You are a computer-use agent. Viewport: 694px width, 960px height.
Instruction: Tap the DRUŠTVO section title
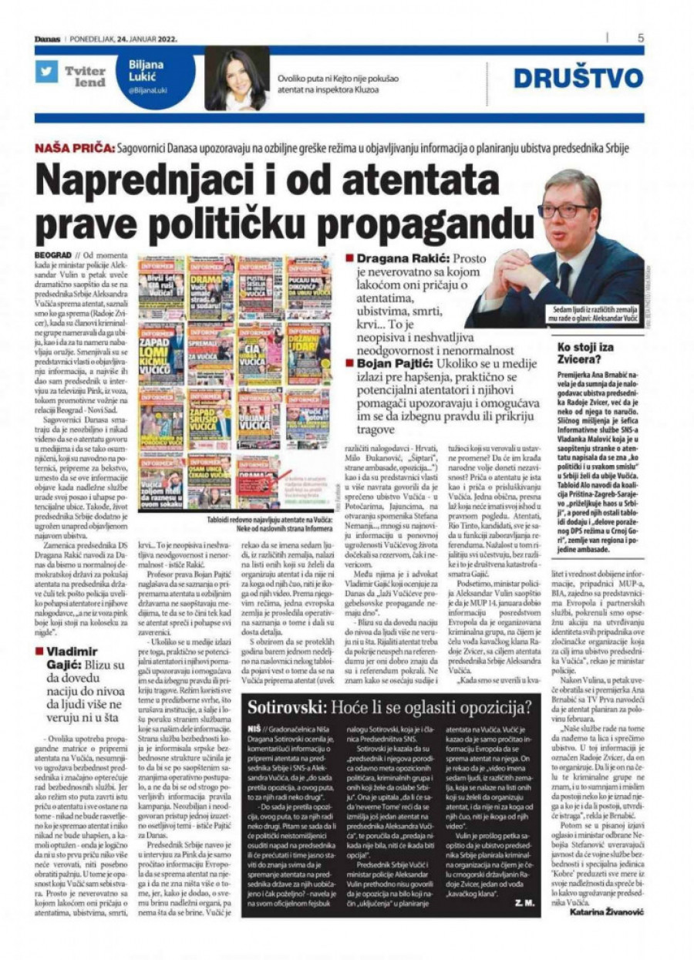coord(578,78)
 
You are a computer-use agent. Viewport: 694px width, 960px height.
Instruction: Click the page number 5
coord(641,37)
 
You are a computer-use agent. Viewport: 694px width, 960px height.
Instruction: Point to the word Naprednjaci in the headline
coord(159,180)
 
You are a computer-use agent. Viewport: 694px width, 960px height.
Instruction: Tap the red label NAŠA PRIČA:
coord(74,147)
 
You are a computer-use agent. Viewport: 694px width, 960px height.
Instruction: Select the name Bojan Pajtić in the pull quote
coord(394,362)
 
